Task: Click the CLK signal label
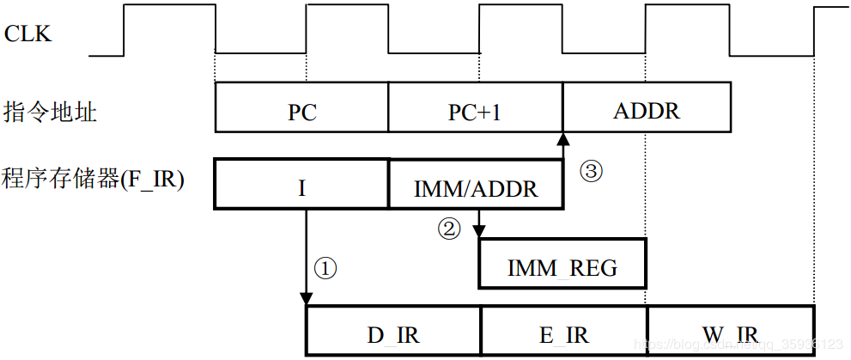pyautogui.click(x=28, y=34)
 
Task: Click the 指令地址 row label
pyautogui.click(x=50, y=112)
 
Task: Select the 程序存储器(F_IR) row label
pyautogui.click(x=94, y=180)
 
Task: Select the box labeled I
pyautogui.click(x=301, y=184)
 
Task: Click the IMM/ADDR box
pyautogui.click(x=476, y=187)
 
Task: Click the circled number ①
pyautogui.click(x=325, y=269)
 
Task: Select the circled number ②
pyautogui.click(x=449, y=229)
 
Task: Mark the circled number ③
pyautogui.click(x=592, y=169)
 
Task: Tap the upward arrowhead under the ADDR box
pyautogui.click(x=562, y=138)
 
